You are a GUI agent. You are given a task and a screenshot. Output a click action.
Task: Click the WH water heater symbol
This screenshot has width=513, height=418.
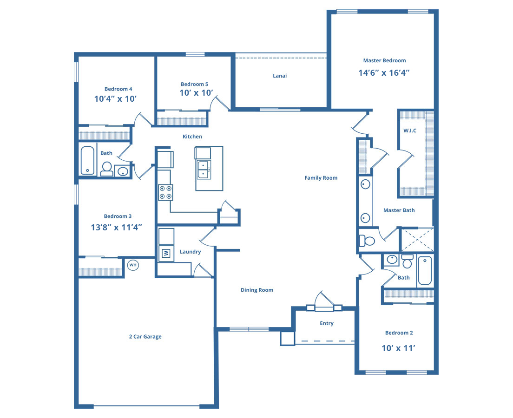(x=133, y=265)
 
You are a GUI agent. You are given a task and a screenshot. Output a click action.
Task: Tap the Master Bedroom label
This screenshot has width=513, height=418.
(x=384, y=60)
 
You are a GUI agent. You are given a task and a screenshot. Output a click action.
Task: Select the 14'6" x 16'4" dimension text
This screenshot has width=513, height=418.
(x=384, y=72)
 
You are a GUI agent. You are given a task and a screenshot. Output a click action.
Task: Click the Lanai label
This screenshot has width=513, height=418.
(x=280, y=76)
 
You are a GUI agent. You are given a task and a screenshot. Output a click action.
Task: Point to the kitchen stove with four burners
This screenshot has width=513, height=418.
(x=165, y=192)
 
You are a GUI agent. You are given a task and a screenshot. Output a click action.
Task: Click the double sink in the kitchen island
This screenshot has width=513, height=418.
(x=204, y=170)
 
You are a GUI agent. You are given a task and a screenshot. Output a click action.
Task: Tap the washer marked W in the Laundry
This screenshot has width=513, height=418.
(x=166, y=253)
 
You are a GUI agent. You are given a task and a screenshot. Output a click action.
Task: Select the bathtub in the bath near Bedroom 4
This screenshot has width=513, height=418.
(x=87, y=161)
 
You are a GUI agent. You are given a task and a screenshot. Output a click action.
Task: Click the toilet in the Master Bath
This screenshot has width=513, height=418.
(x=367, y=241)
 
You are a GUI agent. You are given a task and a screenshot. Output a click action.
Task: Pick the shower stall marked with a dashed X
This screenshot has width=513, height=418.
(x=418, y=240)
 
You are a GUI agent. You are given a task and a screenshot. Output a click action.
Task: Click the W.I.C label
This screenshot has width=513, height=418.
(x=410, y=131)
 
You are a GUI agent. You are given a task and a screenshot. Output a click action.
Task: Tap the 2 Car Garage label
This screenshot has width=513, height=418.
(x=145, y=337)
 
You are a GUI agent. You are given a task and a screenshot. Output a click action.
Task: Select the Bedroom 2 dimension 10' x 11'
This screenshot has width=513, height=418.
(x=399, y=348)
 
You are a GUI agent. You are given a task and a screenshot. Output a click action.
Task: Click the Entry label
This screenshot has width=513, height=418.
(x=327, y=323)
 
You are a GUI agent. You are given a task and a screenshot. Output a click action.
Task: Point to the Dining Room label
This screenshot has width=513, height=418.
(x=257, y=290)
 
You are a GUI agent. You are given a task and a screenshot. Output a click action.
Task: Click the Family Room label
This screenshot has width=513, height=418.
(x=321, y=178)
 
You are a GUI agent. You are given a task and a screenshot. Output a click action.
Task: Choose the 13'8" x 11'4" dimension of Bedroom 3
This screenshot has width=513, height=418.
(x=117, y=227)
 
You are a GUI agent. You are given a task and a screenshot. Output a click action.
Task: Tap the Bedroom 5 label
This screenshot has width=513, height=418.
(x=194, y=85)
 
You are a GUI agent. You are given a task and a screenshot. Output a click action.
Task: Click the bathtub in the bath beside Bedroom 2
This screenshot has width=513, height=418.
(x=425, y=270)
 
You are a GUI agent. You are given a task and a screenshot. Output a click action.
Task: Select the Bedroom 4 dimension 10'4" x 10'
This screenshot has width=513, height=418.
(x=116, y=99)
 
